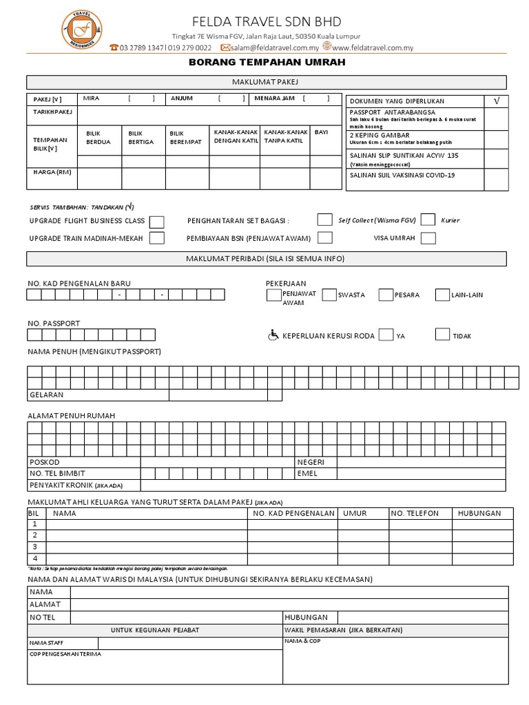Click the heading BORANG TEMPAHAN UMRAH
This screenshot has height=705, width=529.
[267, 62]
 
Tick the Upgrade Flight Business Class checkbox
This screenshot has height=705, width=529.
[157, 221]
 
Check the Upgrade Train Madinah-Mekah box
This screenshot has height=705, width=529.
[157, 238]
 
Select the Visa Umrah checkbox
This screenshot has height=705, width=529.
[428, 238]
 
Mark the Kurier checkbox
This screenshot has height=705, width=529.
[428, 220]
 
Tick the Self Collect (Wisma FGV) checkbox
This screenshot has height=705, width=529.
[324, 220]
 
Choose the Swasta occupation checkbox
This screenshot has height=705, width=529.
[329, 295]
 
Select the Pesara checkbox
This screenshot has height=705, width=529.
[386, 295]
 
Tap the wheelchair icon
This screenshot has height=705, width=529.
[273, 335]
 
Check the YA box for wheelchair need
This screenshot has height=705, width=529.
[386, 335]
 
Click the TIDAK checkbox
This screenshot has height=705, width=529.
[442, 335]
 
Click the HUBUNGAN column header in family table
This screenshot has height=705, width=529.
[479, 513]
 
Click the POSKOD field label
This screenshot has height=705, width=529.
[44, 462]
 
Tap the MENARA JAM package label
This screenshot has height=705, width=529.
[274, 98]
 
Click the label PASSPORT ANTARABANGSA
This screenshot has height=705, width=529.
[392, 112]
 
